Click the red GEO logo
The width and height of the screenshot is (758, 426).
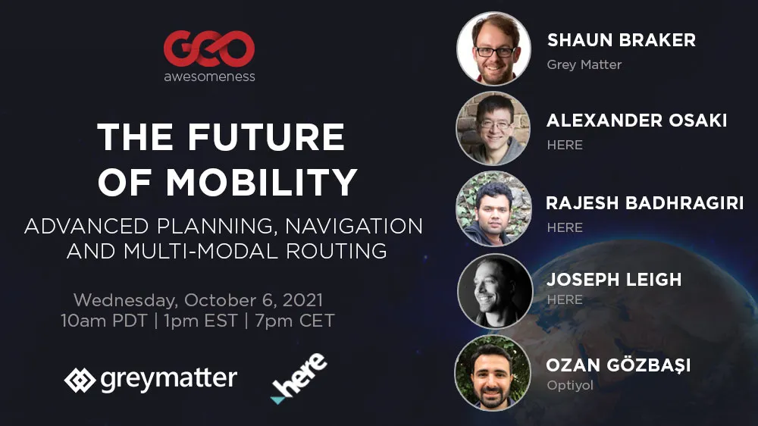tap(209, 49)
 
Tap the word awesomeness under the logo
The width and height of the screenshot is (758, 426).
tap(209, 77)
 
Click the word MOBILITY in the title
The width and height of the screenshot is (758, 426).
tap(262, 182)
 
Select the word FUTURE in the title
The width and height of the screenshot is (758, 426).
tap(266, 136)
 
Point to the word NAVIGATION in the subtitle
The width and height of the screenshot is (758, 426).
tap(354, 227)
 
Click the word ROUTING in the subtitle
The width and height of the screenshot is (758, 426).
tap(337, 251)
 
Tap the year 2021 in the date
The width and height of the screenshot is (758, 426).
tap(302, 300)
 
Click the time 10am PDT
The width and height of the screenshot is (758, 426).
tap(104, 321)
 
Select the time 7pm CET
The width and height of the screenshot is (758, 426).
tap(294, 321)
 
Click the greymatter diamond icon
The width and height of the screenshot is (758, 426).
tap(80, 380)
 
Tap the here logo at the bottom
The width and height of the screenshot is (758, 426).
tap(298, 378)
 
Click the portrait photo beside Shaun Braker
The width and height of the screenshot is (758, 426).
tap(493, 49)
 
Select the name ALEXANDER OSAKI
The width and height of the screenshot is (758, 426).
tap(637, 121)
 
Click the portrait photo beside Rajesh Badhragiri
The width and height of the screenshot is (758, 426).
tap(493, 209)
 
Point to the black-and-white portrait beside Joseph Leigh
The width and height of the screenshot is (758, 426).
tap(494, 291)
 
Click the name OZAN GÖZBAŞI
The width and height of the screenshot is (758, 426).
tap(619, 365)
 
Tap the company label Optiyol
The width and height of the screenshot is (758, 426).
tap(570, 385)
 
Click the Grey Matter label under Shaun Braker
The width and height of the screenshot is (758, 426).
tap(584, 64)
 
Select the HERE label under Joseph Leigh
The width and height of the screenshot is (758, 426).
tap(565, 300)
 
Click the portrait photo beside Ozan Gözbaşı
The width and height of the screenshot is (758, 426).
tap(493, 373)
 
